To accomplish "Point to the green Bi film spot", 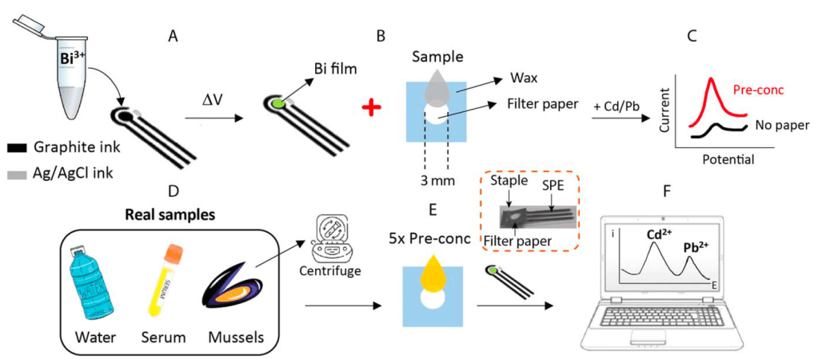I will pyautogui.click(x=277, y=103).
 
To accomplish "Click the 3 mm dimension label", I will pyautogui.click(x=438, y=180).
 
